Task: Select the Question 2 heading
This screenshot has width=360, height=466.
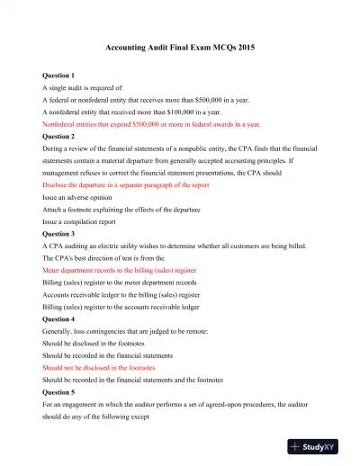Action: tap(60, 137)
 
